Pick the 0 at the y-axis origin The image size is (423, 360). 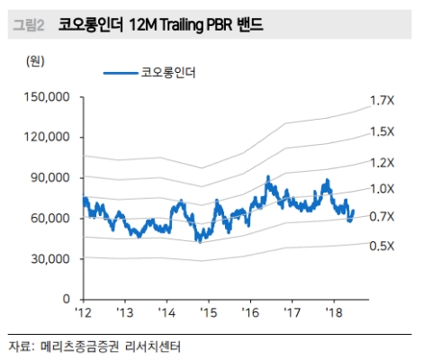point(67,299)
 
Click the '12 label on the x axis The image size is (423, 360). point(84,312)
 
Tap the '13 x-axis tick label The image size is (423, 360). point(125,312)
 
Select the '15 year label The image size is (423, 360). point(209,312)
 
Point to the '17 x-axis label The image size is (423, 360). point(292,312)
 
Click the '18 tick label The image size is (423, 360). point(333,312)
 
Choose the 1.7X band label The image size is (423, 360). point(382,101)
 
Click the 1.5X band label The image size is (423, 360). point(382,131)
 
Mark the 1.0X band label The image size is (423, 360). point(382,188)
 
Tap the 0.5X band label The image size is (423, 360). point(382,246)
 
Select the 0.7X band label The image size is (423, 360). point(382,217)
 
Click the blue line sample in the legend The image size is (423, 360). point(121,72)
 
